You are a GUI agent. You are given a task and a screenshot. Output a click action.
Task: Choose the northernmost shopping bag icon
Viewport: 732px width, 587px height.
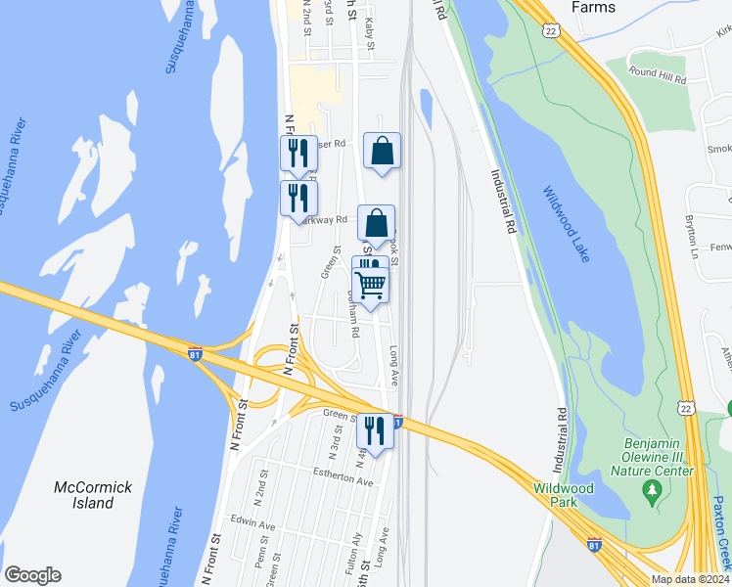click(x=382, y=151)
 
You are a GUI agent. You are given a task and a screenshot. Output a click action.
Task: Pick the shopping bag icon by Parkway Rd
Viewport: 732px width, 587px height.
click(x=376, y=223)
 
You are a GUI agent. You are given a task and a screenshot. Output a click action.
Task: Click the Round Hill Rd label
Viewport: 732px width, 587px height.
click(x=657, y=72)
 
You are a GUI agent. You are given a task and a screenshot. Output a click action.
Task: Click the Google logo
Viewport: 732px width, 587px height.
click(x=32, y=575)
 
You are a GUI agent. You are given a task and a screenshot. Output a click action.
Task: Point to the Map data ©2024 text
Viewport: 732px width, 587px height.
click(x=689, y=579)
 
